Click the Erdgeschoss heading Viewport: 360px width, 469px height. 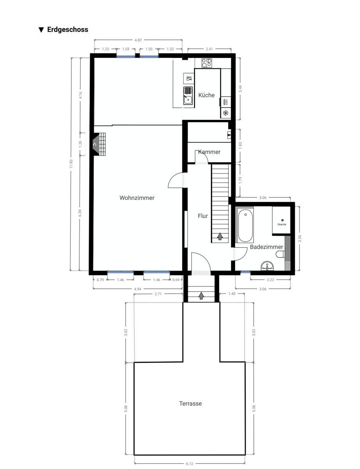tap(68, 30)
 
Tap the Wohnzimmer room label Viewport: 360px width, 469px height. tap(137, 198)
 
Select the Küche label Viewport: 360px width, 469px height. tap(206, 95)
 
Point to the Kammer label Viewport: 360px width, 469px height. tap(209, 152)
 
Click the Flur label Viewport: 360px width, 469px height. tap(203, 216)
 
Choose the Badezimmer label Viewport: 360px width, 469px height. tap(266, 247)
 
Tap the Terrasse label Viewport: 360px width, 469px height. tap(191, 403)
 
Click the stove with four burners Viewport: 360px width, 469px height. tap(207, 63)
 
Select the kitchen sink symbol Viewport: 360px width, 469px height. tap(188, 96)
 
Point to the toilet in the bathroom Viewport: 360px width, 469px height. tap(280, 254)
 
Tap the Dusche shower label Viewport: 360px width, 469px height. tap(282, 224)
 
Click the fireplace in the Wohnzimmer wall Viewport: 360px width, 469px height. tap(99, 144)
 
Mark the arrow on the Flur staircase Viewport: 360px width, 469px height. tap(220, 236)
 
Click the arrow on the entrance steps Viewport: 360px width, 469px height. tap(201, 295)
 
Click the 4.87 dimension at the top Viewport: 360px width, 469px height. tap(138, 40)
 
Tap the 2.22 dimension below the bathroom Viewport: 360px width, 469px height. tap(270, 280)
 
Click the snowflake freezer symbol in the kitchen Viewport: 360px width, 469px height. tap(225, 113)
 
